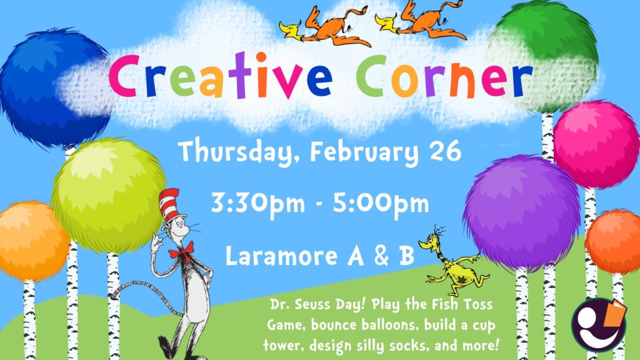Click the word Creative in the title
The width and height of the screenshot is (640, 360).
point(221,76)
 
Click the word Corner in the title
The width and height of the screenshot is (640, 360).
point(444,77)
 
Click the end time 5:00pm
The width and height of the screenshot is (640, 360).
point(381,204)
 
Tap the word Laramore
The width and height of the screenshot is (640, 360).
point(282,256)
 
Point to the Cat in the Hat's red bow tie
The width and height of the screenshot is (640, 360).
point(181,251)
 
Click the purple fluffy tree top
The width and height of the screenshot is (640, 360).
point(522,212)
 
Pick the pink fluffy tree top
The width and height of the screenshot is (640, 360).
point(596,145)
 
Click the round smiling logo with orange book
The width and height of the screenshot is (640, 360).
point(598,325)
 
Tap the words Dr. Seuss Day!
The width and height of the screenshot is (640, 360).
point(316,305)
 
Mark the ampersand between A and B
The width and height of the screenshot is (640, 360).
point(381,256)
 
